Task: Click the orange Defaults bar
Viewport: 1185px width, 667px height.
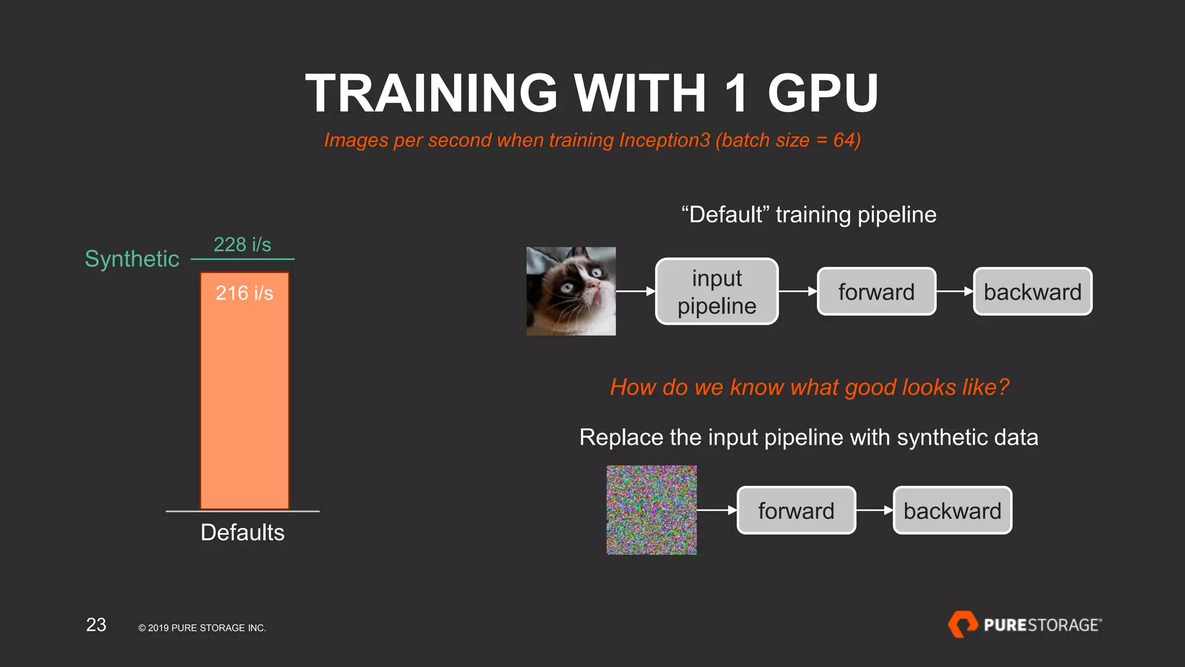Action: pos(244,405)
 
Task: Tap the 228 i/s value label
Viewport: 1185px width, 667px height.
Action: pos(242,244)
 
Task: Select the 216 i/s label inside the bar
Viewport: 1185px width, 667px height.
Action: pos(244,293)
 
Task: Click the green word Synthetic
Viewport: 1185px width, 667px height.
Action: pos(132,259)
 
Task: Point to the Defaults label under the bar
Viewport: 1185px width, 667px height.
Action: pos(242,532)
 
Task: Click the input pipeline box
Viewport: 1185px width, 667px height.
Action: pos(716,291)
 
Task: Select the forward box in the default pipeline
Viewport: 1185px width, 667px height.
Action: pos(876,291)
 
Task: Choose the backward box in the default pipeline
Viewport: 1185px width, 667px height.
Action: pos(1032,291)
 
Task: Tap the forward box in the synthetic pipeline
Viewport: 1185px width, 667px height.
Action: pos(796,510)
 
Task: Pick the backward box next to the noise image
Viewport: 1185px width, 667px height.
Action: pos(952,510)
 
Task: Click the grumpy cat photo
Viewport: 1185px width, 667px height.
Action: pos(571,291)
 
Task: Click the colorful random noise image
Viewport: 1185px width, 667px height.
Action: pos(652,510)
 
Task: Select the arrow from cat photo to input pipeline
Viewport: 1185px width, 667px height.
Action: pos(635,291)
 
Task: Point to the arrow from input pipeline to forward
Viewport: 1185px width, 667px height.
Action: pos(798,291)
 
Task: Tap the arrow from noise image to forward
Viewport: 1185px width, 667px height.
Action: pos(716,510)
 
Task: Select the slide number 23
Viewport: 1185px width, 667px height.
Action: pos(96,625)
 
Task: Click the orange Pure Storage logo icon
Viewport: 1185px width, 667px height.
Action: pos(962,624)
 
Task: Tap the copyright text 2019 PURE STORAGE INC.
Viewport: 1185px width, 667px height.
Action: pos(202,628)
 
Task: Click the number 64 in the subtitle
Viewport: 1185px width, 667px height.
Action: pos(844,140)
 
